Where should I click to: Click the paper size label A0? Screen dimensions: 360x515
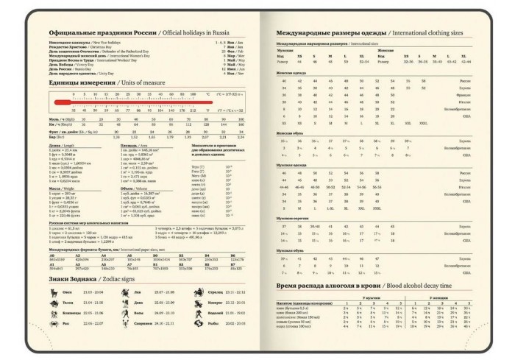coord(51,255)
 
